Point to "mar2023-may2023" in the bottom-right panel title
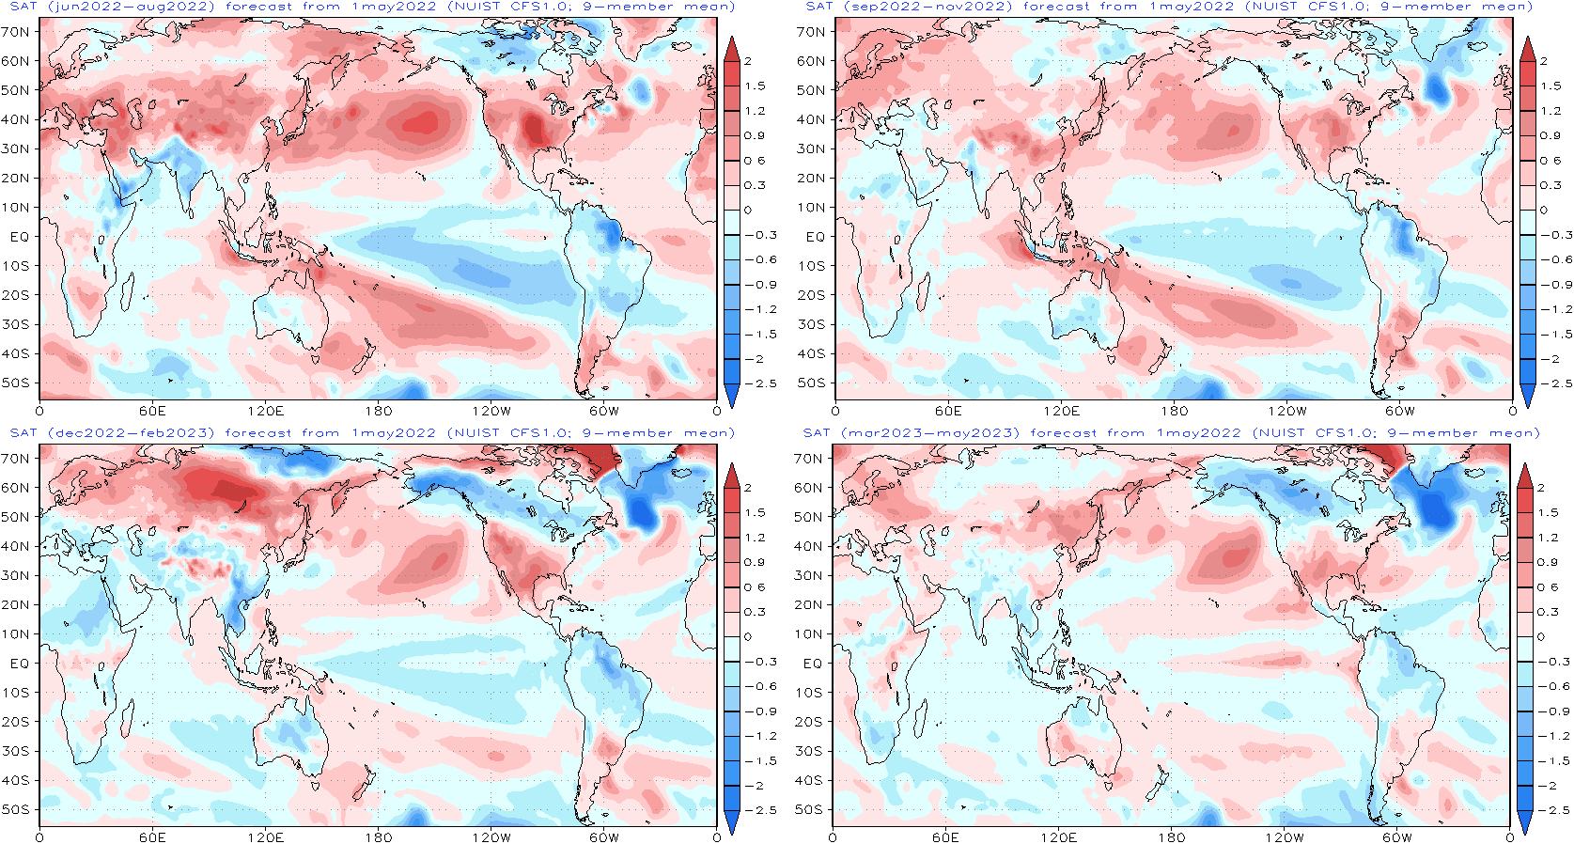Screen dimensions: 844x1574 click(930, 433)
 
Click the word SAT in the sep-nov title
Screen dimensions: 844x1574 click(819, 7)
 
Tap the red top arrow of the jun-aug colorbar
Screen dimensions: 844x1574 click(732, 49)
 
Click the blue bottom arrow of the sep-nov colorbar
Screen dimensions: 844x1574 click(1527, 397)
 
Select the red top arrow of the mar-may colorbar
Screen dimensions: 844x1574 click(1525, 476)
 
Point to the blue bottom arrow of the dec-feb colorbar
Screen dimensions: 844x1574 click(732, 823)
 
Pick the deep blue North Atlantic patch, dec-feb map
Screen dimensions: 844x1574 click(644, 510)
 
